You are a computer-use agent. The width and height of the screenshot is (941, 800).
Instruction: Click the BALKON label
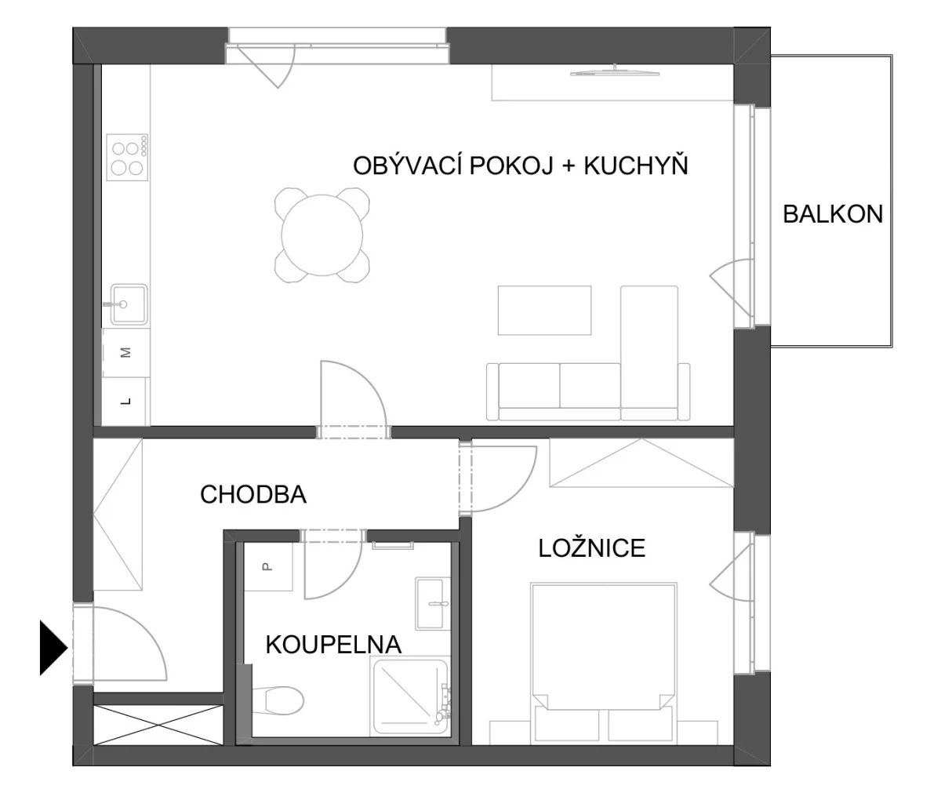click(833, 214)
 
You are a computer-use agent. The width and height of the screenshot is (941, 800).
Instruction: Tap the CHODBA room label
click(253, 494)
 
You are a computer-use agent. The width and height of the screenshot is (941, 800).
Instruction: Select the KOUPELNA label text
click(333, 645)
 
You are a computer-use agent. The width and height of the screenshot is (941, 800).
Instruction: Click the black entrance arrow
click(54, 648)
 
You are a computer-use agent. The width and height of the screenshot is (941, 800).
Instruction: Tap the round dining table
click(322, 235)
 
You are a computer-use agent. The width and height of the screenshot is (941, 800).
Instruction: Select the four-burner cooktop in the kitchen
click(127, 157)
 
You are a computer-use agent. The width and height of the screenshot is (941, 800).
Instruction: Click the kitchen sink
click(129, 304)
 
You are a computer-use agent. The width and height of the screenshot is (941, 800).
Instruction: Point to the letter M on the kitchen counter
click(126, 352)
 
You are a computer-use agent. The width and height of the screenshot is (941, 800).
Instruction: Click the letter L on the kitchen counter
click(126, 401)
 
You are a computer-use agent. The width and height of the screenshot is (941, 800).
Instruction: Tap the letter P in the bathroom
click(267, 566)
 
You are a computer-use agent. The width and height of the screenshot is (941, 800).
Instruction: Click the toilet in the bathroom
click(277, 700)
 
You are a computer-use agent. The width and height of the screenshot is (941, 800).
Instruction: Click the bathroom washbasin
click(429, 604)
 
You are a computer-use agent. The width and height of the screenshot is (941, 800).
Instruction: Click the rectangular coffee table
click(544, 310)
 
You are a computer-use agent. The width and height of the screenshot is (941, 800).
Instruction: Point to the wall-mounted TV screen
click(615, 71)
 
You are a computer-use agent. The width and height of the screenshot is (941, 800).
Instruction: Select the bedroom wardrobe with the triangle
click(641, 463)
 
